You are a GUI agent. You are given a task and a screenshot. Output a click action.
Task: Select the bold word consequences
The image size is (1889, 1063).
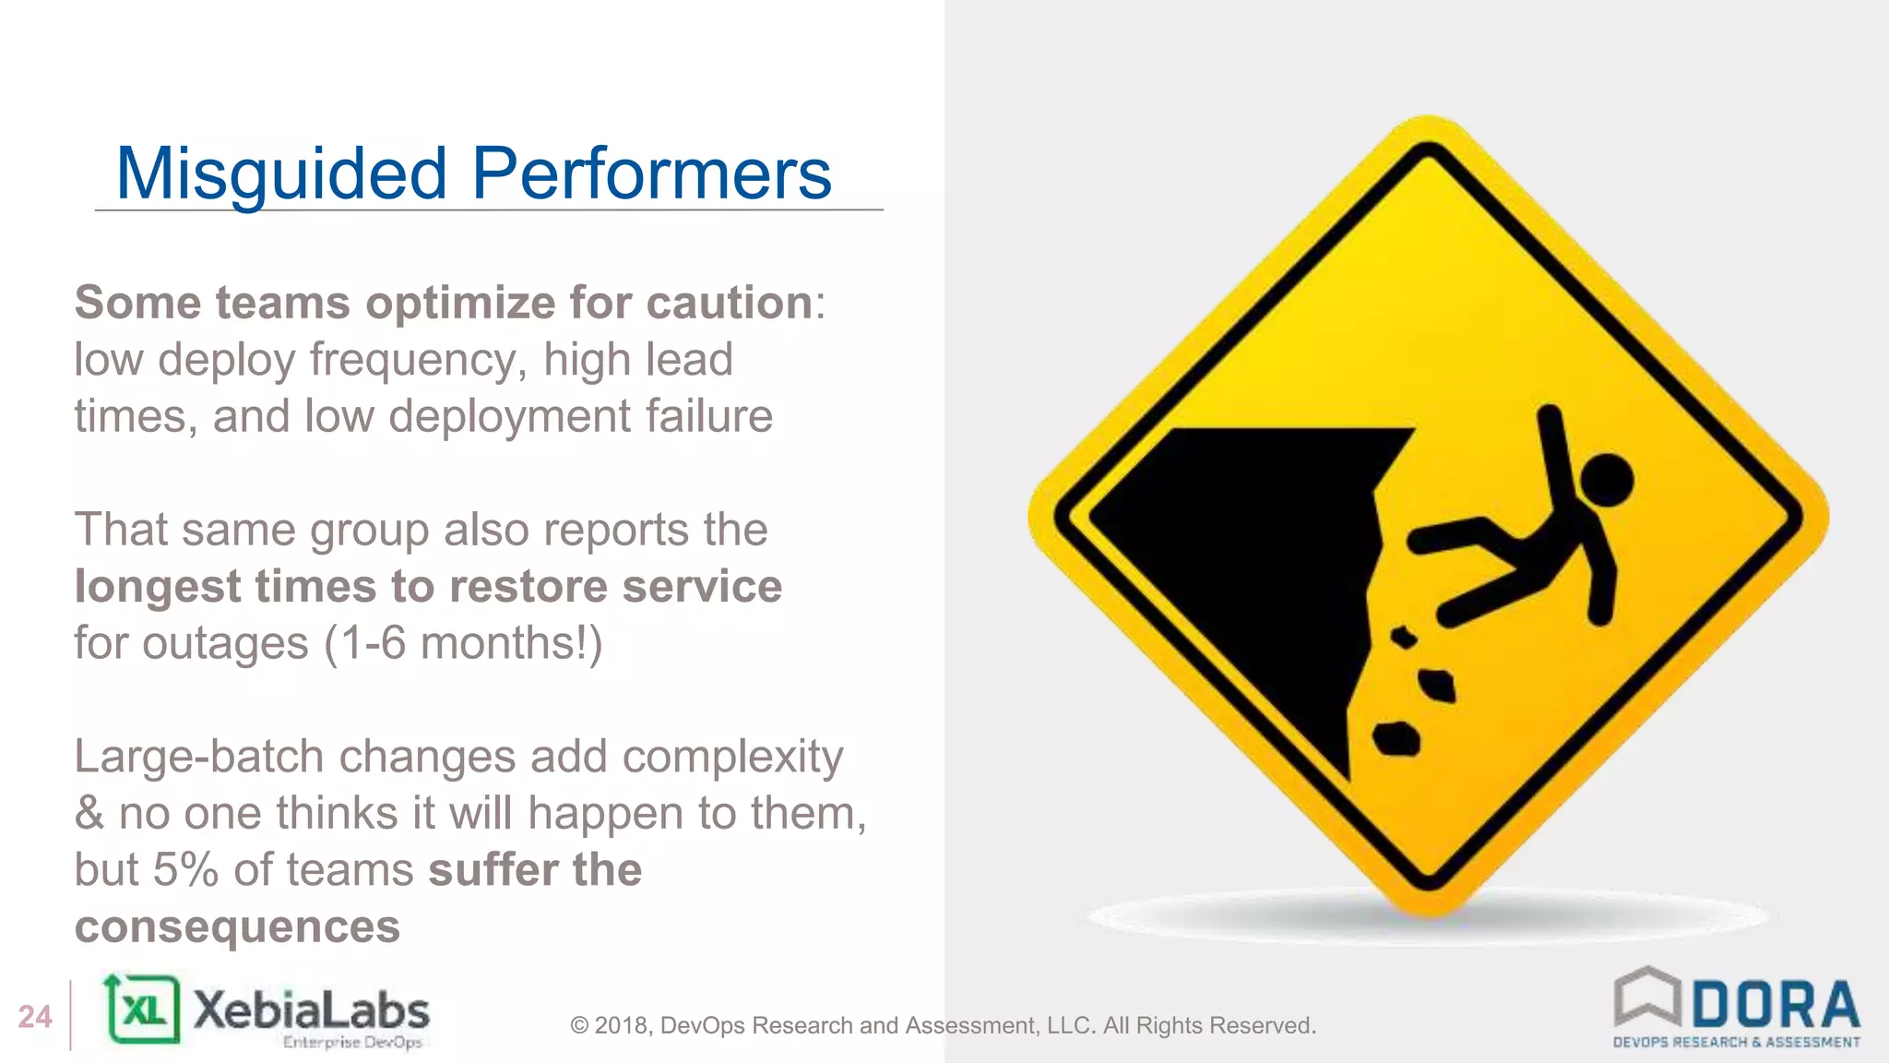tap(237, 926)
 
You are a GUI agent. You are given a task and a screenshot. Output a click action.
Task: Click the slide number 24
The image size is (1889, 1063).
tap(35, 1017)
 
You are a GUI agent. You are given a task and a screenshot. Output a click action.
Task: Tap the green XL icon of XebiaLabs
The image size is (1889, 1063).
tap(143, 1009)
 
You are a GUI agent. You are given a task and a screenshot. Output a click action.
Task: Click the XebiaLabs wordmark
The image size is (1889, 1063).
tap(311, 1011)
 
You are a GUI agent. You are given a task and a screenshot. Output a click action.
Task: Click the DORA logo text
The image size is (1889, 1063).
tap(1776, 1006)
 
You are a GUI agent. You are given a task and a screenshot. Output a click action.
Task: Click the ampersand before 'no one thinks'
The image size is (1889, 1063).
tap(89, 814)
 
